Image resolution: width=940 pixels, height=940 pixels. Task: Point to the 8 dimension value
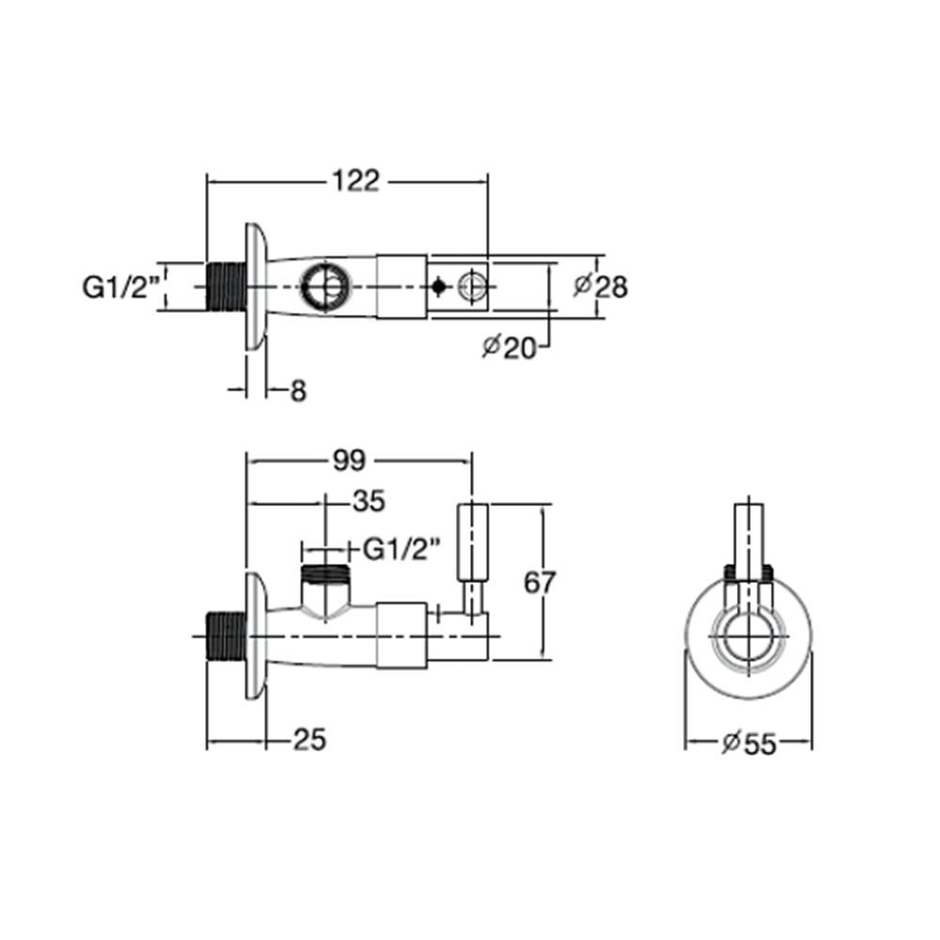(298, 390)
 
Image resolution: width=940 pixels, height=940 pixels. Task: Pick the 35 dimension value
(368, 502)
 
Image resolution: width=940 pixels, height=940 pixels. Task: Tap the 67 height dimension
(540, 582)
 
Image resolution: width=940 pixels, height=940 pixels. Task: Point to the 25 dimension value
(308, 741)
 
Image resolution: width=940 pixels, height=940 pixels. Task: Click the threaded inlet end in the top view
(225, 287)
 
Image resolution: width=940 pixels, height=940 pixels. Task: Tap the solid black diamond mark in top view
(438, 286)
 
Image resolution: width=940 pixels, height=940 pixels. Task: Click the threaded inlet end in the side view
(225, 636)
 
